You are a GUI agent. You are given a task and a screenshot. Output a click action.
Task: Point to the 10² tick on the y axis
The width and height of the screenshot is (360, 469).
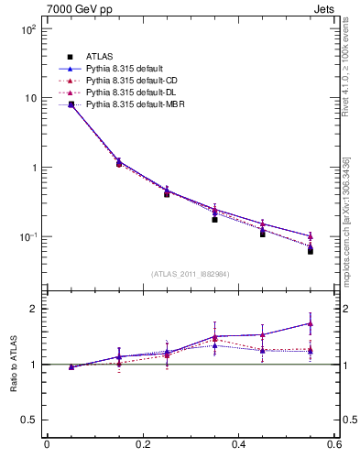click(x=27, y=29)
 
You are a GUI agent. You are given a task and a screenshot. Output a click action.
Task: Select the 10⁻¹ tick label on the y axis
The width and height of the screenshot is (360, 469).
click(x=27, y=237)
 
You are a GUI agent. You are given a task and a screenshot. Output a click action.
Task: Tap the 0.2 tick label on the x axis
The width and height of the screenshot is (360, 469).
click(x=142, y=445)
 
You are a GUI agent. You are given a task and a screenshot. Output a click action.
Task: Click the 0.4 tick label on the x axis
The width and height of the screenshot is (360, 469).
click(x=238, y=445)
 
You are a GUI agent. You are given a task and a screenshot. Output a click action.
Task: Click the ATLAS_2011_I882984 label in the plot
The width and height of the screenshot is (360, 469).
click(x=190, y=274)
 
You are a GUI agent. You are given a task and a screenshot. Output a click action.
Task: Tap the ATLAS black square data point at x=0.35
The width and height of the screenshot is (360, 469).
click(x=214, y=219)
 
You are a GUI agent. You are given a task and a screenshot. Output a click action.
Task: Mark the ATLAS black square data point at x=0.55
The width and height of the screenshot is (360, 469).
click(x=311, y=250)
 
